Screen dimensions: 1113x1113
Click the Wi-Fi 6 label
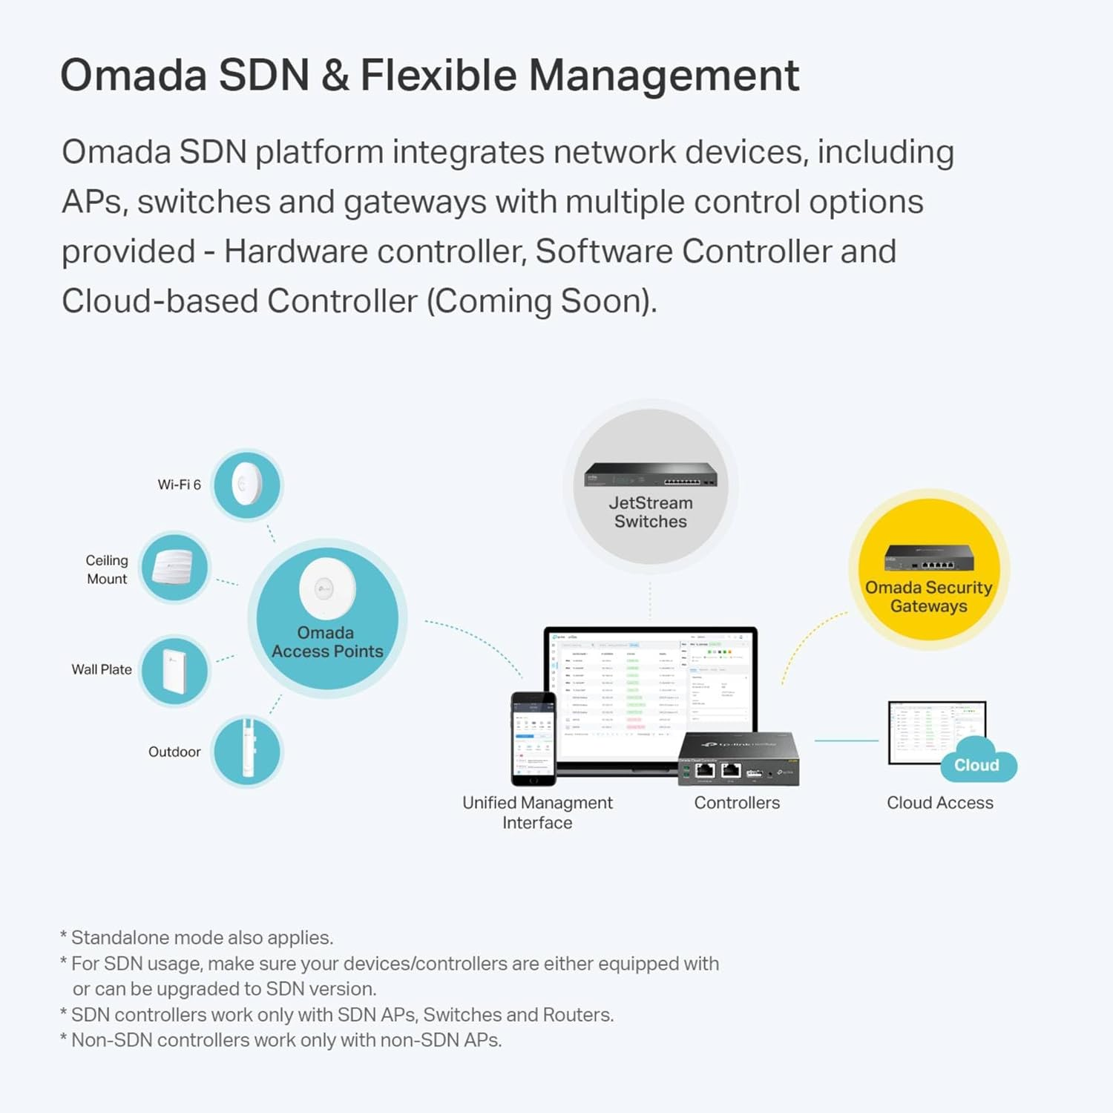pyautogui.click(x=179, y=485)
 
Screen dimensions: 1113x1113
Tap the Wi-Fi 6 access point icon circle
pyautogui.click(x=247, y=485)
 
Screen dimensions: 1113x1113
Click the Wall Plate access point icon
pyautogui.click(x=175, y=670)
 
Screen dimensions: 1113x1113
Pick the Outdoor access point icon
pyautogui.click(x=247, y=751)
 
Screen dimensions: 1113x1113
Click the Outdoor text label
pyautogui.click(x=174, y=752)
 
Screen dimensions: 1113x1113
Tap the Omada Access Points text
pyautogui.click(x=327, y=642)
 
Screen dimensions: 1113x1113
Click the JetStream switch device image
pyautogui.click(x=650, y=474)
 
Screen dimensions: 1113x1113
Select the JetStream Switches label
pyautogui.click(x=651, y=512)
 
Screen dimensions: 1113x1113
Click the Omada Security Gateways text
pyautogui.click(x=928, y=597)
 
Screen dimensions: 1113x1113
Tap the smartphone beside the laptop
pyautogui.click(x=533, y=738)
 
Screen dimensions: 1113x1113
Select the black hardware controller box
pyautogui.click(x=738, y=759)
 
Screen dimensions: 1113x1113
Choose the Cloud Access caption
pyautogui.click(x=939, y=803)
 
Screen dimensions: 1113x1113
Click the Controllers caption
pyautogui.click(x=737, y=803)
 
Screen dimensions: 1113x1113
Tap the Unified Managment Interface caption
pyautogui.click(x=537, y=812)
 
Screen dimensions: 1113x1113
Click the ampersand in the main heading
pyautogui.click(x=335, y=76)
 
